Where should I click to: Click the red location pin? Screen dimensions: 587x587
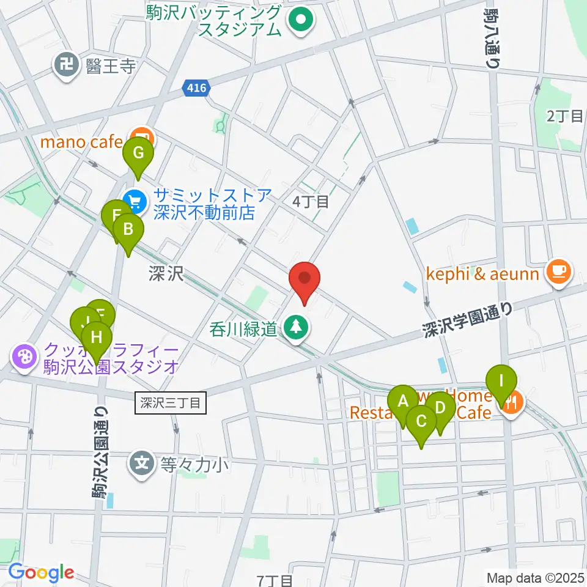point(305,279)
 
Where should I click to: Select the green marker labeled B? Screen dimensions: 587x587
point(128,231)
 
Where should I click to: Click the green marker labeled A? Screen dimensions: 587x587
point(402,402)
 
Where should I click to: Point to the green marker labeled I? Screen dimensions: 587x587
point(501,382)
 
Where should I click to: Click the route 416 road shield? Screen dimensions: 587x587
point(196,89)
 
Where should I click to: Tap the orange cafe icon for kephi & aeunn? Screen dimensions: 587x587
point(558,269)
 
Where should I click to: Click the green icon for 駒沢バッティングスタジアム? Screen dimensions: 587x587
point(300,21)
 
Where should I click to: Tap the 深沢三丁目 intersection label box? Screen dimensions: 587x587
point(170,403)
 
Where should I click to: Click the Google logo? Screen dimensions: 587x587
point(42,572)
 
